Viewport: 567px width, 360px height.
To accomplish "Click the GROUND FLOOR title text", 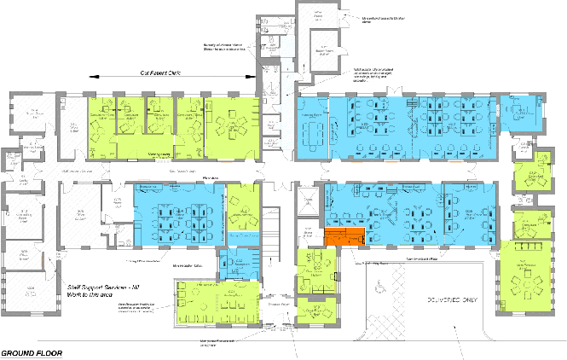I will pyautogui.click(x=32, y=353).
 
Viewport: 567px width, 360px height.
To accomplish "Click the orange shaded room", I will pyautogui.click(x=344, y=238).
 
